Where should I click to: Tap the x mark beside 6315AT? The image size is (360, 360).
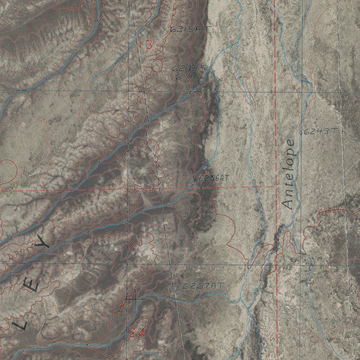point(165,30)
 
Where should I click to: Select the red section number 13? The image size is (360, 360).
point(146,45)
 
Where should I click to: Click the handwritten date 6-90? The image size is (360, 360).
point(188,76)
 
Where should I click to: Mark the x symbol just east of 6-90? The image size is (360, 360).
point(220,79)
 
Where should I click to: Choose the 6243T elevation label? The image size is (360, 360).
point(320,131)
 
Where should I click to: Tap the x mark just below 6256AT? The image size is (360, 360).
point(193,184)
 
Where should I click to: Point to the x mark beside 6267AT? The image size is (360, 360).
point(178,287)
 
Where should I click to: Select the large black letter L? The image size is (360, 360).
point(20,324)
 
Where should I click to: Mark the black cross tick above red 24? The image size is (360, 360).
point(134,299)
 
